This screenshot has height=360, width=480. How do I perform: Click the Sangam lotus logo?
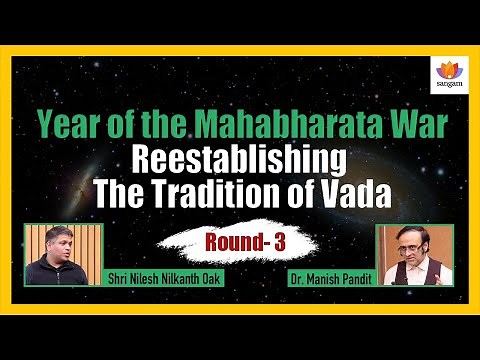(x=446, y=68)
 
